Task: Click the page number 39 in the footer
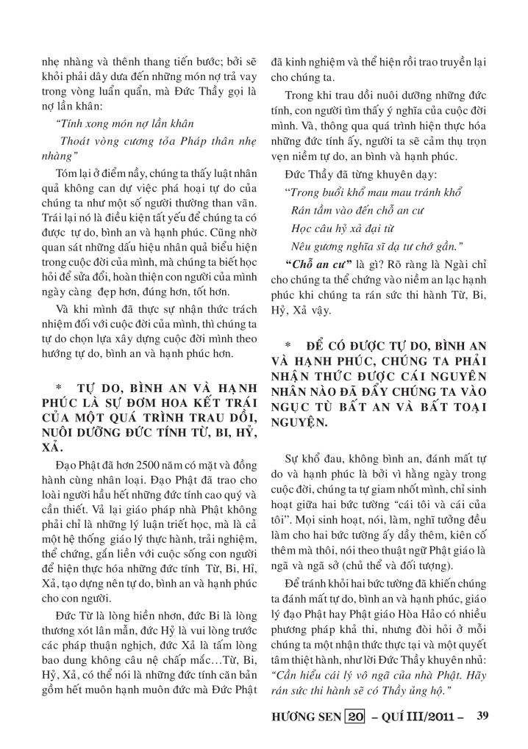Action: tap(482, 714)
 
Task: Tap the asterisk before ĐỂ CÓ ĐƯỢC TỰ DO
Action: tap(290, 344)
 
